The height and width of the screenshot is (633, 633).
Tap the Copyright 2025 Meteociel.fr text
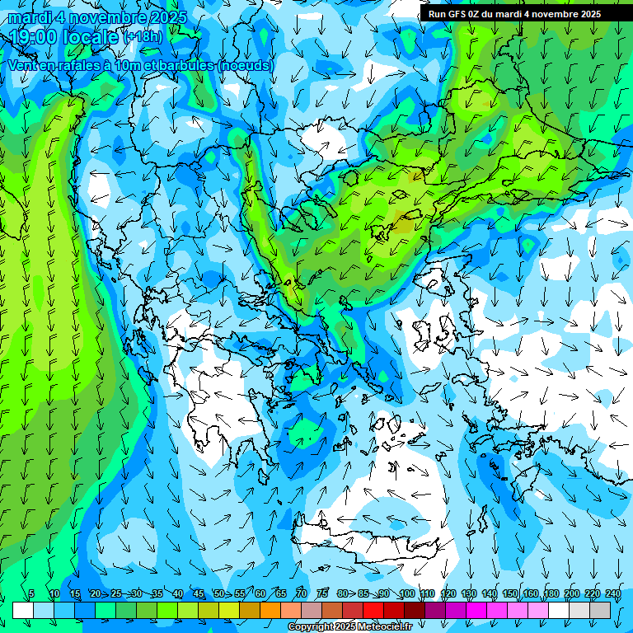[350, 627]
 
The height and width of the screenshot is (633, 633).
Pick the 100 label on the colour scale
[406, 594]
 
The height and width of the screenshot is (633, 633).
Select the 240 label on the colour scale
[612, 594]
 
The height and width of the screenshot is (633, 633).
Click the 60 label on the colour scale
[260, 594]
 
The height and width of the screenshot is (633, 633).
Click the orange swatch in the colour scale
[270, 610]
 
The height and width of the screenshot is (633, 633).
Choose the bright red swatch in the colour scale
[373, 610]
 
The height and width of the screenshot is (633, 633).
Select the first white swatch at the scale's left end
[22, 610]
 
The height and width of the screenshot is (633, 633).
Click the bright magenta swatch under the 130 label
[476, 610]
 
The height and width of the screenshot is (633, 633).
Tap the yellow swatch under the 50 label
[228, 610]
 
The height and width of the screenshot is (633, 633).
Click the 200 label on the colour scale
[571, 594]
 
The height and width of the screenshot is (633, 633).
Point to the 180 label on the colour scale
[551, 594]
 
